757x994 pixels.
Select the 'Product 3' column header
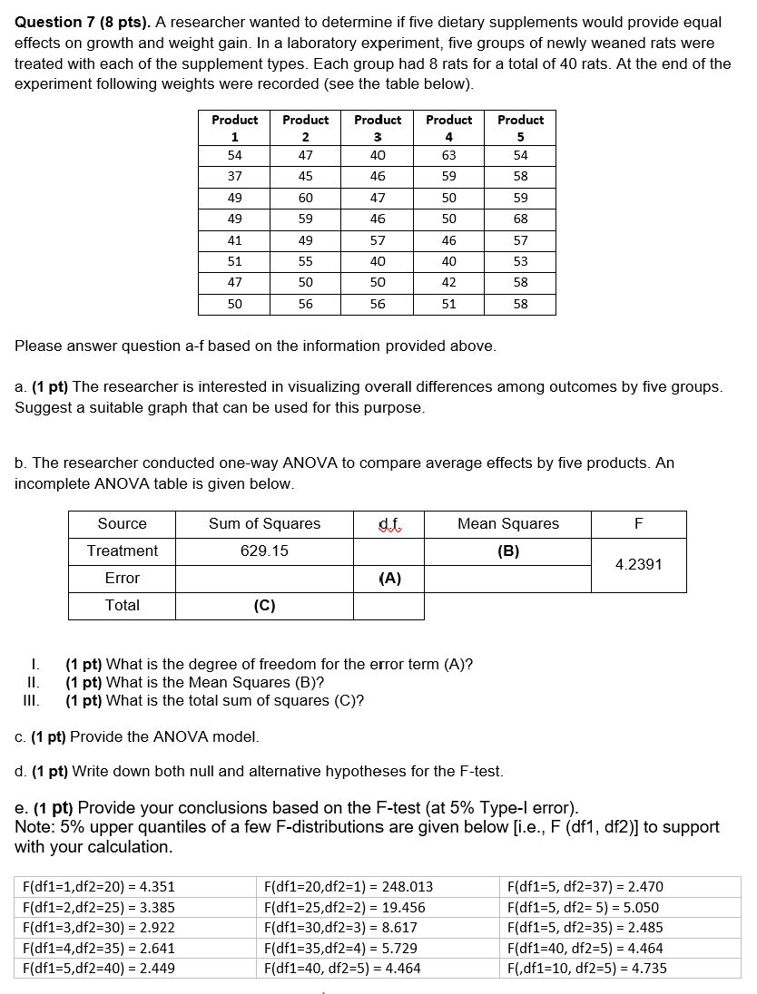[x=378, y=128]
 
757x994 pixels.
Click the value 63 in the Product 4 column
[x=448, y=155]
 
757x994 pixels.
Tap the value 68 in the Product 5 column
[x=520, y=219]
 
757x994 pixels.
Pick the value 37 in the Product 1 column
[x=234, y=176]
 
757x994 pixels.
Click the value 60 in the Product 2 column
[x=306, y=198]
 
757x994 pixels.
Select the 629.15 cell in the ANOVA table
[x=264, y=551]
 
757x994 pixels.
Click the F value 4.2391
[x=638, y=564]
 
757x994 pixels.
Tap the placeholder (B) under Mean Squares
[x=508, y=551]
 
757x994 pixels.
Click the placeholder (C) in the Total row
[x=264, y=605]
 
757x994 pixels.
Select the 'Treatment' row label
[x=122, y=551]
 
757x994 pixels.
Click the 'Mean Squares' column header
[x=508, y=523]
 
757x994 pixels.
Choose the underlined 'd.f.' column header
[x=388, y=523]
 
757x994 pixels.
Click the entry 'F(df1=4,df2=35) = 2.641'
[x=98, y=949]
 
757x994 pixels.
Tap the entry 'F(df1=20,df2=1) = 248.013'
[x=348, y=887]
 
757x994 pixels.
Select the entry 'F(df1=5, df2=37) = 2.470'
[x=585, y=887]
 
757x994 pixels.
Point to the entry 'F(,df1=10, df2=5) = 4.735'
[x=586, y=968]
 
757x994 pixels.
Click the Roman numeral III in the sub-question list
[x=33, y=700]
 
